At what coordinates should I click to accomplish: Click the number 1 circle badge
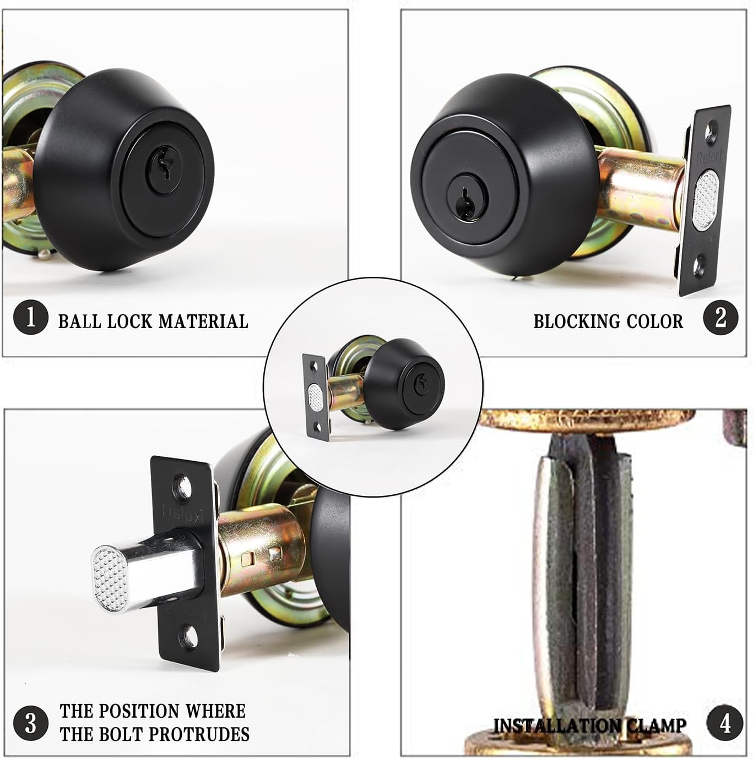pyautogui.click(x=30, y=318)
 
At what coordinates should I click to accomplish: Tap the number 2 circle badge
pyautogui.click(x=721, y=318)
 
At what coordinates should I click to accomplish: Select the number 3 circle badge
pyautogui.click(x=30, y=722)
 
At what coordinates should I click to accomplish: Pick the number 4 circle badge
pyautogui.click(x=725, y=722)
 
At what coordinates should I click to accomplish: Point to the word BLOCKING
pyautogui.click(x=579, y=321)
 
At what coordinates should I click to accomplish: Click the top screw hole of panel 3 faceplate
pyautogui.click(x=182, y=485)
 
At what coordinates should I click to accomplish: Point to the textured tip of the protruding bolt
pyautogui.click(x=107, y=578)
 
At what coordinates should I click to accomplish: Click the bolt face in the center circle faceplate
pyautogui.click(x=316, y=396)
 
